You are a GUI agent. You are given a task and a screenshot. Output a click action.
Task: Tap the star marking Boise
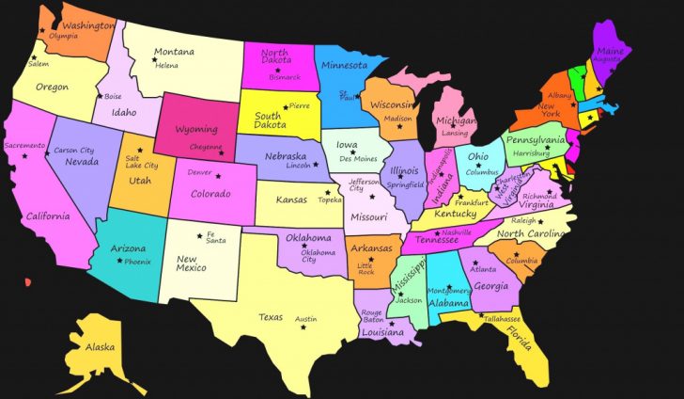click(x=99, y=96)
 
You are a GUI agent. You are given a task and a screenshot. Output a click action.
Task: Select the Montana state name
click(x=174, y=51)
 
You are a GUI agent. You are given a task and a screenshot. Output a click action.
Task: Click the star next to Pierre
click(x=286, y=107)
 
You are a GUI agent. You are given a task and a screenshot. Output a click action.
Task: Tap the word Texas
click(x=271, y=316)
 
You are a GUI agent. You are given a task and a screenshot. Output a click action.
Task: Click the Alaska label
click(x=100, y=347)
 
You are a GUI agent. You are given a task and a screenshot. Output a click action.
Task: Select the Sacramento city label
click(x=24, y=146)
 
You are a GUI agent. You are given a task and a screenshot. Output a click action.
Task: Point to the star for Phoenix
click(x=119, y=261)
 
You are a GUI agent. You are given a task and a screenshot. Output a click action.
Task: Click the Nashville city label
click(x=457, y=231)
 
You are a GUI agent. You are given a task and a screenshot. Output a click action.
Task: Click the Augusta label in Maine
click(x=606, y=58)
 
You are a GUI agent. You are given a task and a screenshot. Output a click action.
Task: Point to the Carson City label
click(x=73, y=151)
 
